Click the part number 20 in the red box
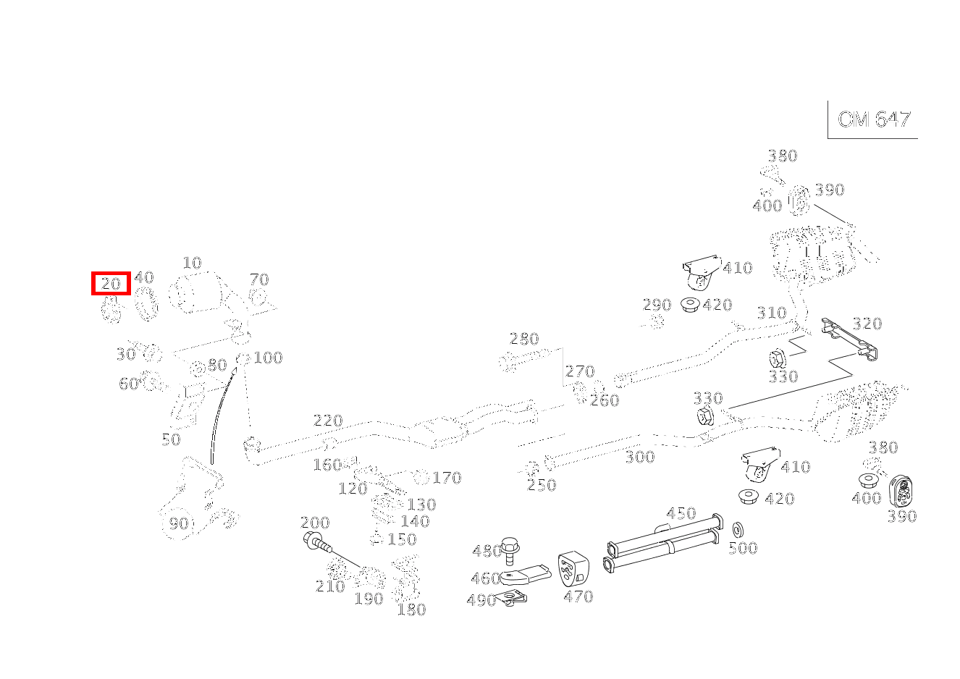click(x=111, y=283)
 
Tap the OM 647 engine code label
click(x=873, y=119)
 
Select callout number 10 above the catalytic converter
click(x=192, y=263)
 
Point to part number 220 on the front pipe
click(x=328, y=421)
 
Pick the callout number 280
click(x=524, y=339)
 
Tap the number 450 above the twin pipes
click(x=681, y=513)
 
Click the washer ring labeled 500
click(x=738, y=529)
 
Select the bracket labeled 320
click(x=851, y=339)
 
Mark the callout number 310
click(x=771, y=313)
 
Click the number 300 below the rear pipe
click(x=640, y=457)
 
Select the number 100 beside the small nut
click(x=268, y=358)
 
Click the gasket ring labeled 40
click(x=147, y=304)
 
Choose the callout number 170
click(x=447, y=478)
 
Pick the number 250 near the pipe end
click(x=542, y=485)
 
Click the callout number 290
click(x=657, y=305)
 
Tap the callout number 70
click(x=259, y=279)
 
